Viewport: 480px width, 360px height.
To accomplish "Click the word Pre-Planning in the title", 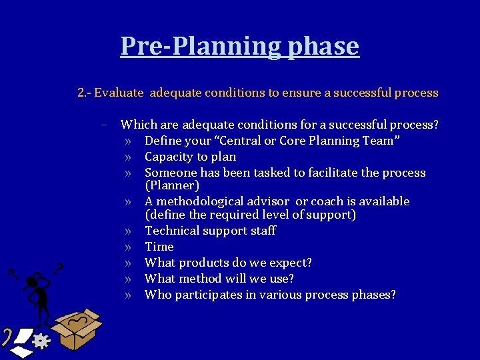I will (x=201, y=46).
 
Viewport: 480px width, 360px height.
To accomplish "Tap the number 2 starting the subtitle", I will (x=81, y=93).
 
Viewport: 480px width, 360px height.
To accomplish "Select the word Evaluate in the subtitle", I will (x=119, y=93).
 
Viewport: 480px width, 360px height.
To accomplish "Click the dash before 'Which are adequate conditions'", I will (x=105, y=125).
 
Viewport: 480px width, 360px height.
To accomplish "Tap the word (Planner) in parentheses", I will (x=172, y=186).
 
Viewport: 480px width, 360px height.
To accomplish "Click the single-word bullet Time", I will (x=159, y=247).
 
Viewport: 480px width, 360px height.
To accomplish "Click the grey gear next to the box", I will (x=41, y=341).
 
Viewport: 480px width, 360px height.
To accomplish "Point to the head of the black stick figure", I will (x=33, y=283).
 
